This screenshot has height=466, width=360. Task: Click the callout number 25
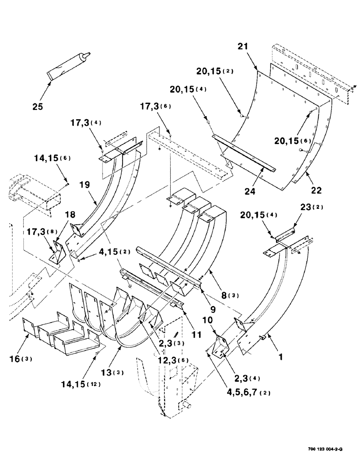(38, 107)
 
